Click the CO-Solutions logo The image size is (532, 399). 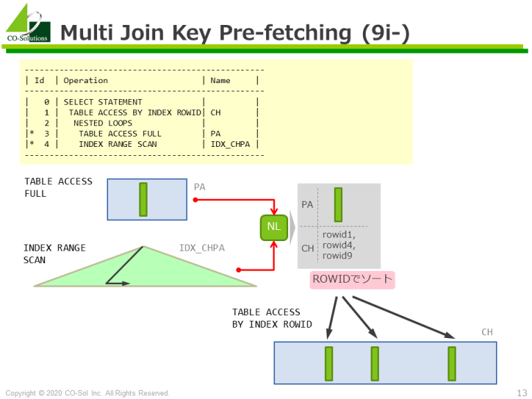click(28, 23)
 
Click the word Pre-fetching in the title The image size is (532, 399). click(285, 33)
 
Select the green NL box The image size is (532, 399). click(274, 227)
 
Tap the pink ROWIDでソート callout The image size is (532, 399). click(352, 280)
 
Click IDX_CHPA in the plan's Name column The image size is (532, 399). click(230, 144)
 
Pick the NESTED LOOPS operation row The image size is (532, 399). click(103, 123)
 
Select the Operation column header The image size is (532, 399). click(85, 80)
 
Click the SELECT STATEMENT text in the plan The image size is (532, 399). click(103, 102)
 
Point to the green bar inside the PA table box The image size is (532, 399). click(143, 199)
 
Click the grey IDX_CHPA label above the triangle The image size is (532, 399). click(202, 248)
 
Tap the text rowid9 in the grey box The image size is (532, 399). click(337, 256)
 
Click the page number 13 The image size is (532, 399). click(522, 393)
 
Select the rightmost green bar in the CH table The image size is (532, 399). click(452, 364)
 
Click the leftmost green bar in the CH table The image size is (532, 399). click(329, 364)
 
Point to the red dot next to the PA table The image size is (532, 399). click(195, 199)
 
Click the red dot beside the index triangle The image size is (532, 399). click(238, 269)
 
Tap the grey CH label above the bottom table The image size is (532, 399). click(487, 332)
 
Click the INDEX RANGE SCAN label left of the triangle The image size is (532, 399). click(54, 254)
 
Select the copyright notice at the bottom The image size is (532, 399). click(87, 393)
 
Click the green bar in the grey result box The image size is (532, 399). click(338, 204)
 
